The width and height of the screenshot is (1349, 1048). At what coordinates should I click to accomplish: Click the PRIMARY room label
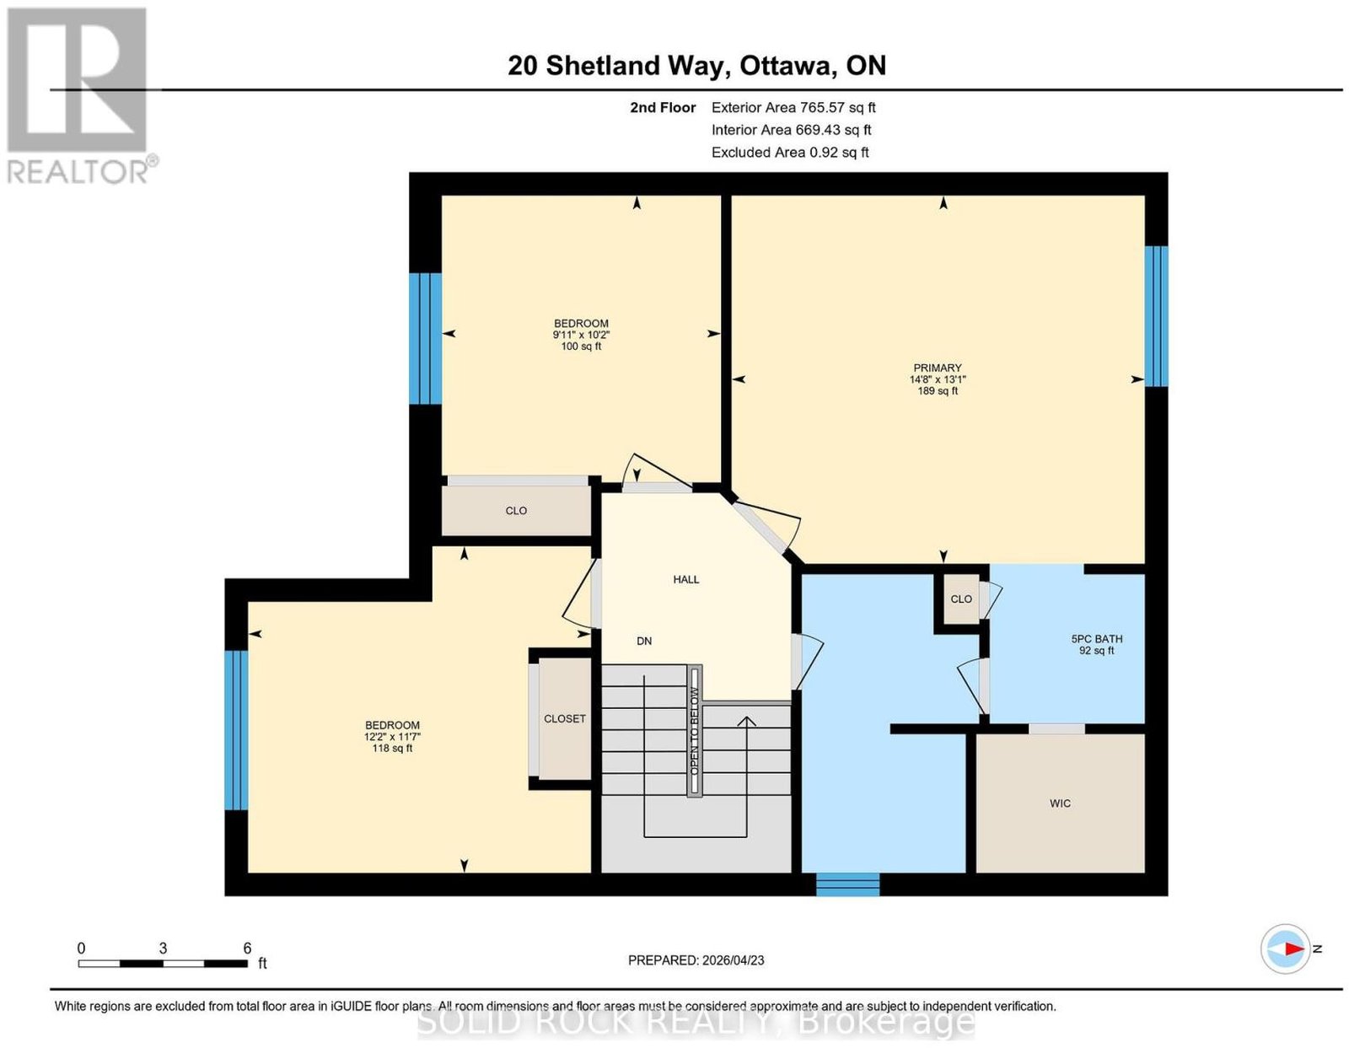click(937, 368)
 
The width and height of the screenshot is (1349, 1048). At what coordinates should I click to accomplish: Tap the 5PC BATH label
click(1096, 638)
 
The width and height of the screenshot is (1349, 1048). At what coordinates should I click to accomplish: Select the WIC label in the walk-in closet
click(1060, 803)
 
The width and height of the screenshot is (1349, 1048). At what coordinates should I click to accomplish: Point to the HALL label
click(686, 579)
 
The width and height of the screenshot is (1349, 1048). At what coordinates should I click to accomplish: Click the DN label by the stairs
click(644, 640)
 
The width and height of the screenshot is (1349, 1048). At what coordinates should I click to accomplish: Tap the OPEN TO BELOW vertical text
click(694, 731)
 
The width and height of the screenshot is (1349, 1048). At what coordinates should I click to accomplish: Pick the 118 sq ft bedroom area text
click(392, 748)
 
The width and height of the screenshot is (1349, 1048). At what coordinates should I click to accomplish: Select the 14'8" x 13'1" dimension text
click(938, 379)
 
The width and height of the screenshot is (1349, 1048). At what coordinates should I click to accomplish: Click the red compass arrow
click(1293, 965)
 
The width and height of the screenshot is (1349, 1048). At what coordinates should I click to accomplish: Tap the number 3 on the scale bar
click(163, 948)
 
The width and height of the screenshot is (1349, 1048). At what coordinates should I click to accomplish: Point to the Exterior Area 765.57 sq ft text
click(793, 107)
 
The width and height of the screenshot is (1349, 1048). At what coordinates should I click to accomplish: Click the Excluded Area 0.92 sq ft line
click(790, 152)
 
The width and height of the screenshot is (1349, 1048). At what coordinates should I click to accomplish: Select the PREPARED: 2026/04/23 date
click(696, 959)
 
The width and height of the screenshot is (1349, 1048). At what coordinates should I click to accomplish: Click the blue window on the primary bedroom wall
click(1156, 316)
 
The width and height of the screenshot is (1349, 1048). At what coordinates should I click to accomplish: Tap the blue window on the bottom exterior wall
click(847, 884)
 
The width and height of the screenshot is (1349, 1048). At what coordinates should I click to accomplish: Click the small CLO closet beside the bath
click(961, 599)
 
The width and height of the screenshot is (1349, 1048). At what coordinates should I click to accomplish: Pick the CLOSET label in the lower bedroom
click(564, 718)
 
